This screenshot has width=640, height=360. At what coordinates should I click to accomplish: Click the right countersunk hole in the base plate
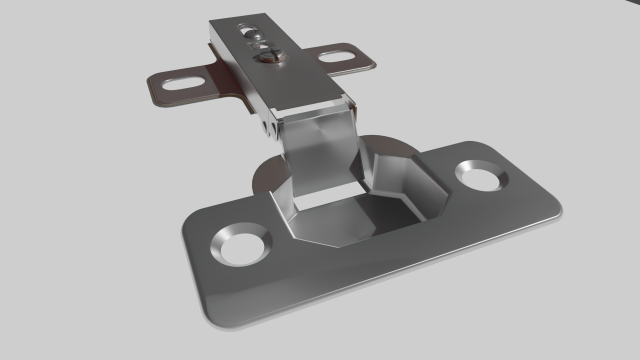pos(482,174)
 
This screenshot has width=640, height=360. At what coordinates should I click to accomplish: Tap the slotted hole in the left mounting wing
pos(180,83)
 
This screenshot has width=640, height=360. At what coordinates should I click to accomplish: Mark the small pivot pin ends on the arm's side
pos(269,127)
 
